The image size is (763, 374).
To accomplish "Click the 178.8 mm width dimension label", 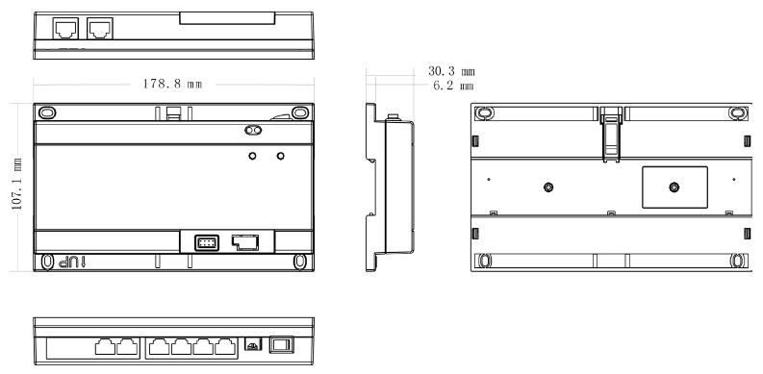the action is coord(172,84).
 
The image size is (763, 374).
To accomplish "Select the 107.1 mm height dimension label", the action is coord(17,184).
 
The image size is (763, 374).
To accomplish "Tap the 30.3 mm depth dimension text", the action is coord(451,71).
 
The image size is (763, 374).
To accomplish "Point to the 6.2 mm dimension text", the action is coord(453,87).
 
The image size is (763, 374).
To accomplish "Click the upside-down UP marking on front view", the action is coord(71,262).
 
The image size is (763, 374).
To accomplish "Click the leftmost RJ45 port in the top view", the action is coord(65,29).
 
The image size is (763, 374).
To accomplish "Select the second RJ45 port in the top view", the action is coord(100,29).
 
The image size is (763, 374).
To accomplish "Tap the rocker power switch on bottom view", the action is coord(282,345).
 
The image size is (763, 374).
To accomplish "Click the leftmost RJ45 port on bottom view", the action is coord(105,347).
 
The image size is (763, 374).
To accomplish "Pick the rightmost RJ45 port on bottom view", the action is coord(225,347).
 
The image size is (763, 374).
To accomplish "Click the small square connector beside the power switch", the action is coord(252,344).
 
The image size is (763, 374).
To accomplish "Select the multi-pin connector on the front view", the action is coord(207,242).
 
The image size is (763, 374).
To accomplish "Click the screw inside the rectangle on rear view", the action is coord(674,187).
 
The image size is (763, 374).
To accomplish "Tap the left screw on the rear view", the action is coord(548,187).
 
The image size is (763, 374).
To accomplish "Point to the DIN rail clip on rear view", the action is coord(611,135).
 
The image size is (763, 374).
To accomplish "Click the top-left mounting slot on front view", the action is coord(47,112).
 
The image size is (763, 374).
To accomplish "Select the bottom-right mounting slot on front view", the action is coord(300,262).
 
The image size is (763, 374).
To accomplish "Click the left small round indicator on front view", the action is coord(252,156).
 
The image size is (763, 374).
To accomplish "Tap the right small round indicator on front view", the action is coord(280,156).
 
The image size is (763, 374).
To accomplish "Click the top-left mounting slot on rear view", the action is coord(484,113).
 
